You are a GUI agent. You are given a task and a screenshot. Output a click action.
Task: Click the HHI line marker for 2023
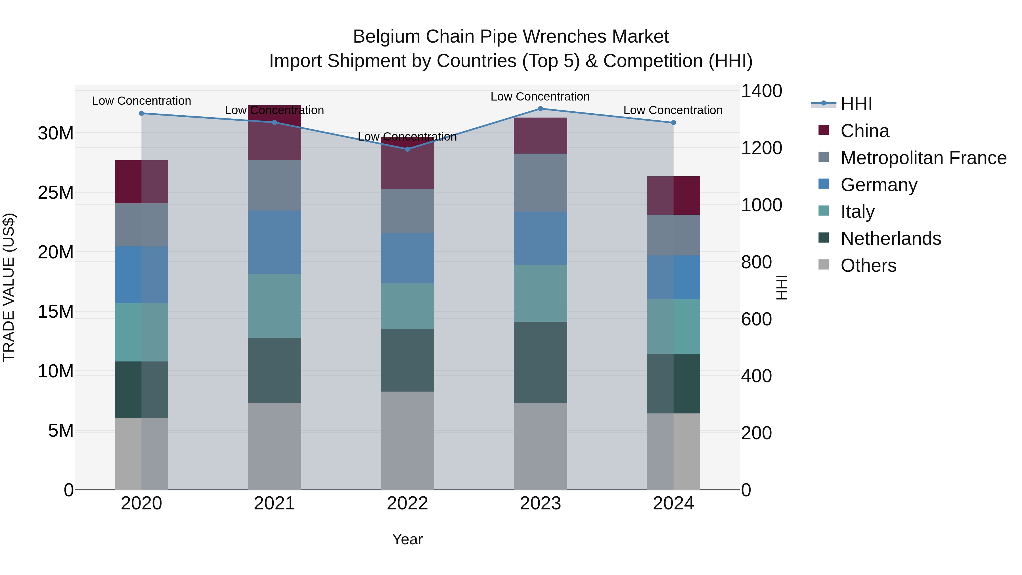click(540, 109)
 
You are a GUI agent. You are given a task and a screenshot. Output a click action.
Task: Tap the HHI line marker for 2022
click(407, 149)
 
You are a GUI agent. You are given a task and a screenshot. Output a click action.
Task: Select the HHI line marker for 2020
click(142, 114)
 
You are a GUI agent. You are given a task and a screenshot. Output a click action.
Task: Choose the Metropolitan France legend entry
click(923, 158)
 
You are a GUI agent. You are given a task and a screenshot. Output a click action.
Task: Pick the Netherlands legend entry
click(891, 239)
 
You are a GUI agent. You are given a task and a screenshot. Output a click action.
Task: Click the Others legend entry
click(868, 265)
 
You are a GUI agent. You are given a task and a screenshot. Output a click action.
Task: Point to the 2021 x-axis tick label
click(274, 503)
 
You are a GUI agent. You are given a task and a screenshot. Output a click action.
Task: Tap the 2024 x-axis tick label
click(673, 503)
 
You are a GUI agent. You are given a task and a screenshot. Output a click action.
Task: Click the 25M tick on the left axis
click(56, 193)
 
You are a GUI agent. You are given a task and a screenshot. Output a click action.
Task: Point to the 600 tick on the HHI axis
click(756, 319)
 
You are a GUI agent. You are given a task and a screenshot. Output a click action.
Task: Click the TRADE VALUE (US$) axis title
click(9, 287)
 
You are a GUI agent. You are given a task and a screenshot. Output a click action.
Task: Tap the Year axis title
click(407, 539)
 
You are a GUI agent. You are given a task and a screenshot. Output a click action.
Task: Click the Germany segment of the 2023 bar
click(540, 238)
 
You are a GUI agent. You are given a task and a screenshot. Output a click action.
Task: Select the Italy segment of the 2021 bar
click(274, 306)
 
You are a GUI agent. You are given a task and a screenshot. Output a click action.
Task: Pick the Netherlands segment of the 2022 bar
click(407, 360)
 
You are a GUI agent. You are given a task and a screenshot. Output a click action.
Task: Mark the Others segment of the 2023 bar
click(540, 446)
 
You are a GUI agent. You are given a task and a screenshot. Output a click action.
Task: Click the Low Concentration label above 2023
click(540, 97)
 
